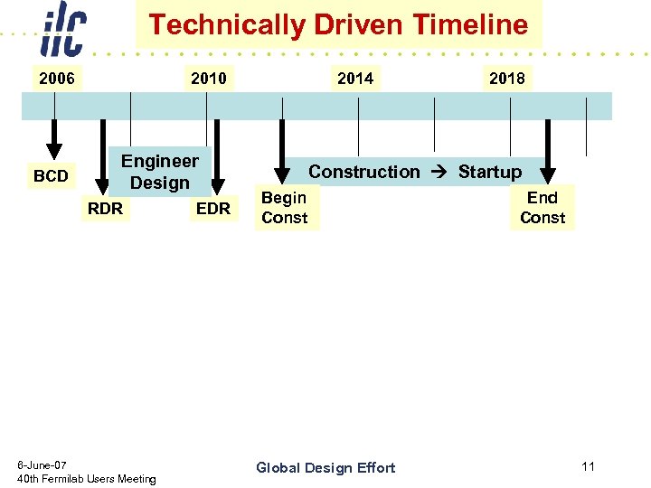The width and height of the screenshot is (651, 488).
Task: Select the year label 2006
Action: (x=57, y=79)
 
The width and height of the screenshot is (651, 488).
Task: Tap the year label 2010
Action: (x=209, y=79)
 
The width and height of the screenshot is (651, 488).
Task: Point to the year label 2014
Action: (x=355, y=79)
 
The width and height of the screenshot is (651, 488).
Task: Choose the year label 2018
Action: (x=506, y=79)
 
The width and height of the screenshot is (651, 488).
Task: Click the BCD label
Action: (x=51, y=176)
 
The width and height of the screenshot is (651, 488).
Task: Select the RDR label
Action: (x=105, y=209)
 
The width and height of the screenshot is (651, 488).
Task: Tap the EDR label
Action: (x=213, y=209)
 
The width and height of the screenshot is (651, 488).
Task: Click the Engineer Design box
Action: (x=160, y=172)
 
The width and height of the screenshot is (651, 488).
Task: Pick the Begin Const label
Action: (x=285, y=208)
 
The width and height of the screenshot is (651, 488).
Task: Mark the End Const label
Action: (x=542, y=208)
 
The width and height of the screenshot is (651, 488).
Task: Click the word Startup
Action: (x=489, y=172)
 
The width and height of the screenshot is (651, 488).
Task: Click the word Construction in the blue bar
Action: (x=364, y=172)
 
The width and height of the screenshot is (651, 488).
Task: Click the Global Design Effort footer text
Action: (x=325, y=467)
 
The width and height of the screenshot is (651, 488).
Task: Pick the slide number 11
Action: (x=588, y=466)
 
